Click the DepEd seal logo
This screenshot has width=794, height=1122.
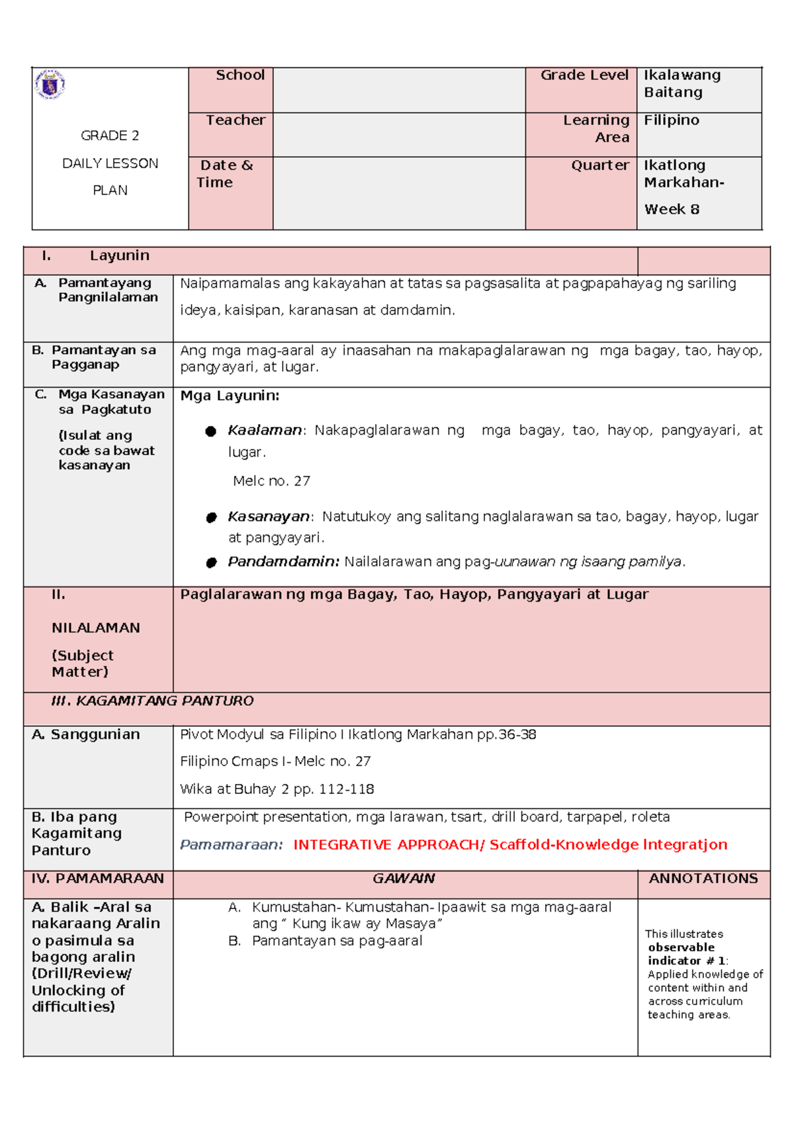[50, 84]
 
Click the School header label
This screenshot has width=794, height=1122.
[240, 75]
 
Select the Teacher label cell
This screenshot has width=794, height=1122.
[235, 120]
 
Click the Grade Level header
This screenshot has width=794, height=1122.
[584, 75]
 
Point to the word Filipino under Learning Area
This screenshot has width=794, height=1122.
[671, 120]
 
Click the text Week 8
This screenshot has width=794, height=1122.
[671, 210]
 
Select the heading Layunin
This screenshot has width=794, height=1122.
[119, 256]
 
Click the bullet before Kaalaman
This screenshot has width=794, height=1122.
[211, 431]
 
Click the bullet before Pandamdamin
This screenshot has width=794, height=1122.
[211, 563]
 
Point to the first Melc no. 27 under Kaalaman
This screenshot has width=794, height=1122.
[271, 482]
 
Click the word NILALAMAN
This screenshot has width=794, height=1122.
[95, 628]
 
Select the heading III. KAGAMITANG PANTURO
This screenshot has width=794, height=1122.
[152, 701]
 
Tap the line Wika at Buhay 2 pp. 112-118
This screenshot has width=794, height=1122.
[277, 789]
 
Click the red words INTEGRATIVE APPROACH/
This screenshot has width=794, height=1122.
[388, 845]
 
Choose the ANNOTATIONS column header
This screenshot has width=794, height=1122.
[703, 879]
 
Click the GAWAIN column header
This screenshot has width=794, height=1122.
[404, 879]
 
